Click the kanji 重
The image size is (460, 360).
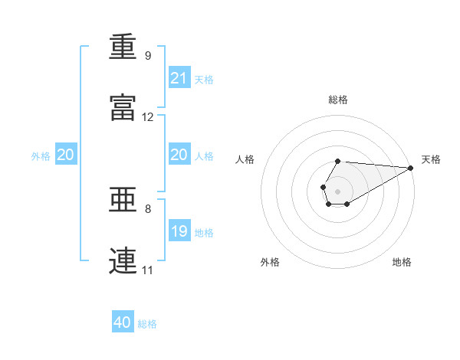[123, 47]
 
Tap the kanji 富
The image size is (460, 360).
[123, 107]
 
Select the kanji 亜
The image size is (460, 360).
[123, 201]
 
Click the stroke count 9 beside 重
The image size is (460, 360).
[148, 56]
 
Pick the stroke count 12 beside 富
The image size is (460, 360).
[148, 117]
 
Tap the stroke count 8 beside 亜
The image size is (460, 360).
[148, 208]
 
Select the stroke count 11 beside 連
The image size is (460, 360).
[147, 270]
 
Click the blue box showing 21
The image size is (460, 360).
[179, 78]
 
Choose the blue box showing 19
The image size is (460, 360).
[179, 231]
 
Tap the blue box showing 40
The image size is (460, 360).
[123, 322]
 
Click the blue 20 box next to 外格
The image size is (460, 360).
[66, 155]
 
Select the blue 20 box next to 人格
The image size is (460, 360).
[179, 155]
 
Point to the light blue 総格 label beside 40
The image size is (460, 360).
[147, 324]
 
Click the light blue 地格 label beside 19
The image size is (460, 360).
[204, 232]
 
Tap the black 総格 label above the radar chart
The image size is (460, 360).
[338, 100]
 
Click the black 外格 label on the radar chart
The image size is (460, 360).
[270, 262]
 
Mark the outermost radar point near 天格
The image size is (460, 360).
[411, 169]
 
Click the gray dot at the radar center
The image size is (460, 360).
[337, 190]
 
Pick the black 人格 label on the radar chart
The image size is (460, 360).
[245, 159]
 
